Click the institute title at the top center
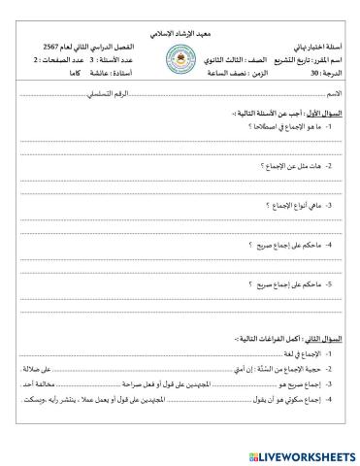[x=180, y=34]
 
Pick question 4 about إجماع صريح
[x=280, y=246]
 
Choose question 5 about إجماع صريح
[x=280, y=285]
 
